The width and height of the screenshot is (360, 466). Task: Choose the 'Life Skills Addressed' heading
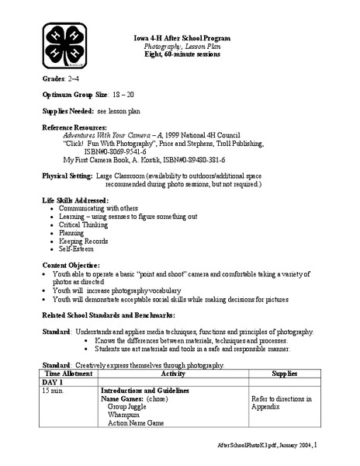pyautogui.click(x=75, y=200)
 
